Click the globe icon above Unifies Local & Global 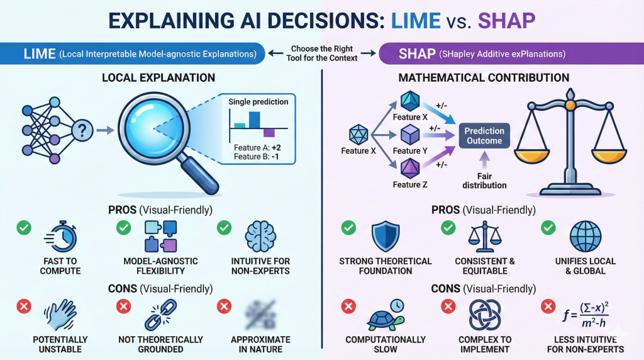586,236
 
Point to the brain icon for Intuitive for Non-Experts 260,236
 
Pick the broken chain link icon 160,315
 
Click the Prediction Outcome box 484,135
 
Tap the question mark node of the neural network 82,131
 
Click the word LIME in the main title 416,21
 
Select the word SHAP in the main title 506,21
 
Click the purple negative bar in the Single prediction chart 269,132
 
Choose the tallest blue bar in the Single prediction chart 254,120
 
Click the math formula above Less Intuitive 586,315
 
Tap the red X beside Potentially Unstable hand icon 24,306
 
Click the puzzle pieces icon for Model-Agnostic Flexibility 160,236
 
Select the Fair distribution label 484,181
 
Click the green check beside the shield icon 348,227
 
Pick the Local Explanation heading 158,77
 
